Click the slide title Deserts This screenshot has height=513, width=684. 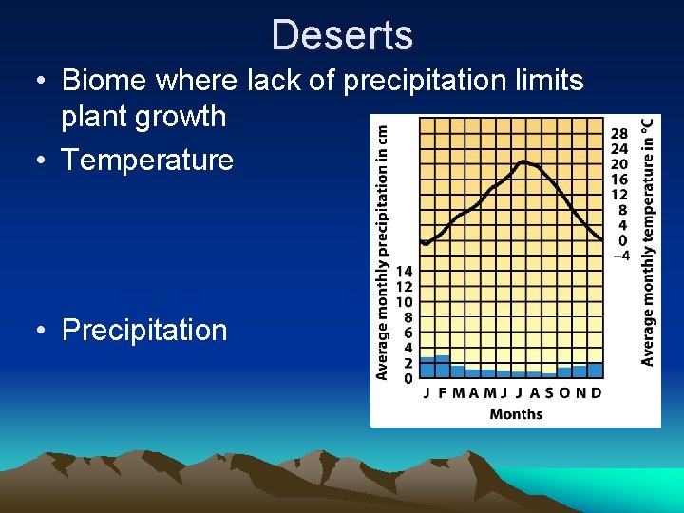[342, 35]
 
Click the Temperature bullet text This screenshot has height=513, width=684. [147, 160]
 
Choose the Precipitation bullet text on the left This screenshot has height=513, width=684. [144, 330]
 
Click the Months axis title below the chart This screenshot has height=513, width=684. [516, 413]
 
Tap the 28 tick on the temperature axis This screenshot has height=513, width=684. [619, 134]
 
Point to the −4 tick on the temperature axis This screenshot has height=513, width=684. [619, 256]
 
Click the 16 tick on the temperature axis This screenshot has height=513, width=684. [619, 180]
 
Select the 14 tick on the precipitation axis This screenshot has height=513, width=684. [404, 272]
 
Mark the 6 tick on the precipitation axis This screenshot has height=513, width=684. [407, 332]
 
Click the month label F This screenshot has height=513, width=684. [442, 393]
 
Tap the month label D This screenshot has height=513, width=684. [596, 393]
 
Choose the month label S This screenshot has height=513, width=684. [548, 393]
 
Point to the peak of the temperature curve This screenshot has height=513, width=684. [522, 162]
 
